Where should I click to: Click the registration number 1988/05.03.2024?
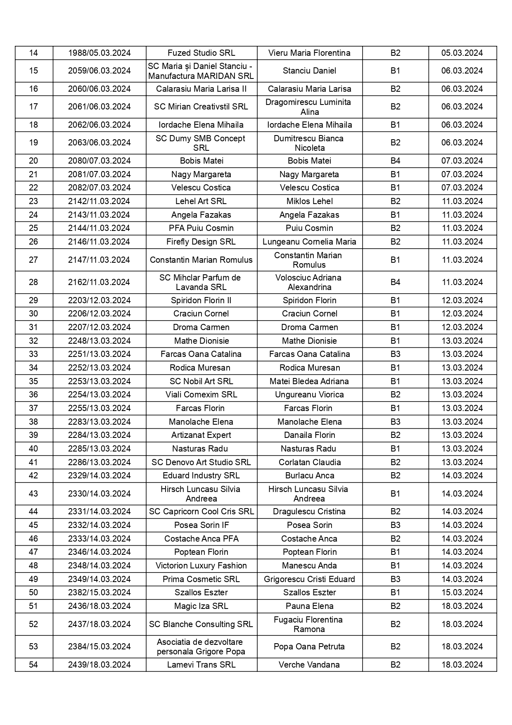click(99, 53)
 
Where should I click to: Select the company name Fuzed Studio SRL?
click(201, 53)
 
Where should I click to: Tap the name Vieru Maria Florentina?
click(309, 53)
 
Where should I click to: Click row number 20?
click(33, 161)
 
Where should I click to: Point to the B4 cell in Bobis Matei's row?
click(395, 161)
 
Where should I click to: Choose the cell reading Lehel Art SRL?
click(201, 201)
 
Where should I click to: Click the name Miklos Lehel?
click(309, 201)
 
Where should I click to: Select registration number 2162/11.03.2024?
click(99, 282)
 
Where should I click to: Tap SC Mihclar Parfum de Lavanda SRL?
click(201, 282)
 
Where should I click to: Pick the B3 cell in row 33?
click(395, 354)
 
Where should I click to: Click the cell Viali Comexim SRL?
click(201, 395)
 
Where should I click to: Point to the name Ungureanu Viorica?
click(309, 395)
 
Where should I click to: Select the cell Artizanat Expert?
click(201, 435)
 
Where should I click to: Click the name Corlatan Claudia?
click(309, 462)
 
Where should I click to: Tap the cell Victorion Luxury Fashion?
click(201, 566)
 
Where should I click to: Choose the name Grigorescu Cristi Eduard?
click(309, 579)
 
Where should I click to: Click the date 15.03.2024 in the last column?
click(462, 592)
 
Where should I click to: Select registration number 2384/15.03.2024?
click(99, 647)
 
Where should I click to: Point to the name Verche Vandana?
click(309, 665)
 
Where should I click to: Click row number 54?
click(33, 665)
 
